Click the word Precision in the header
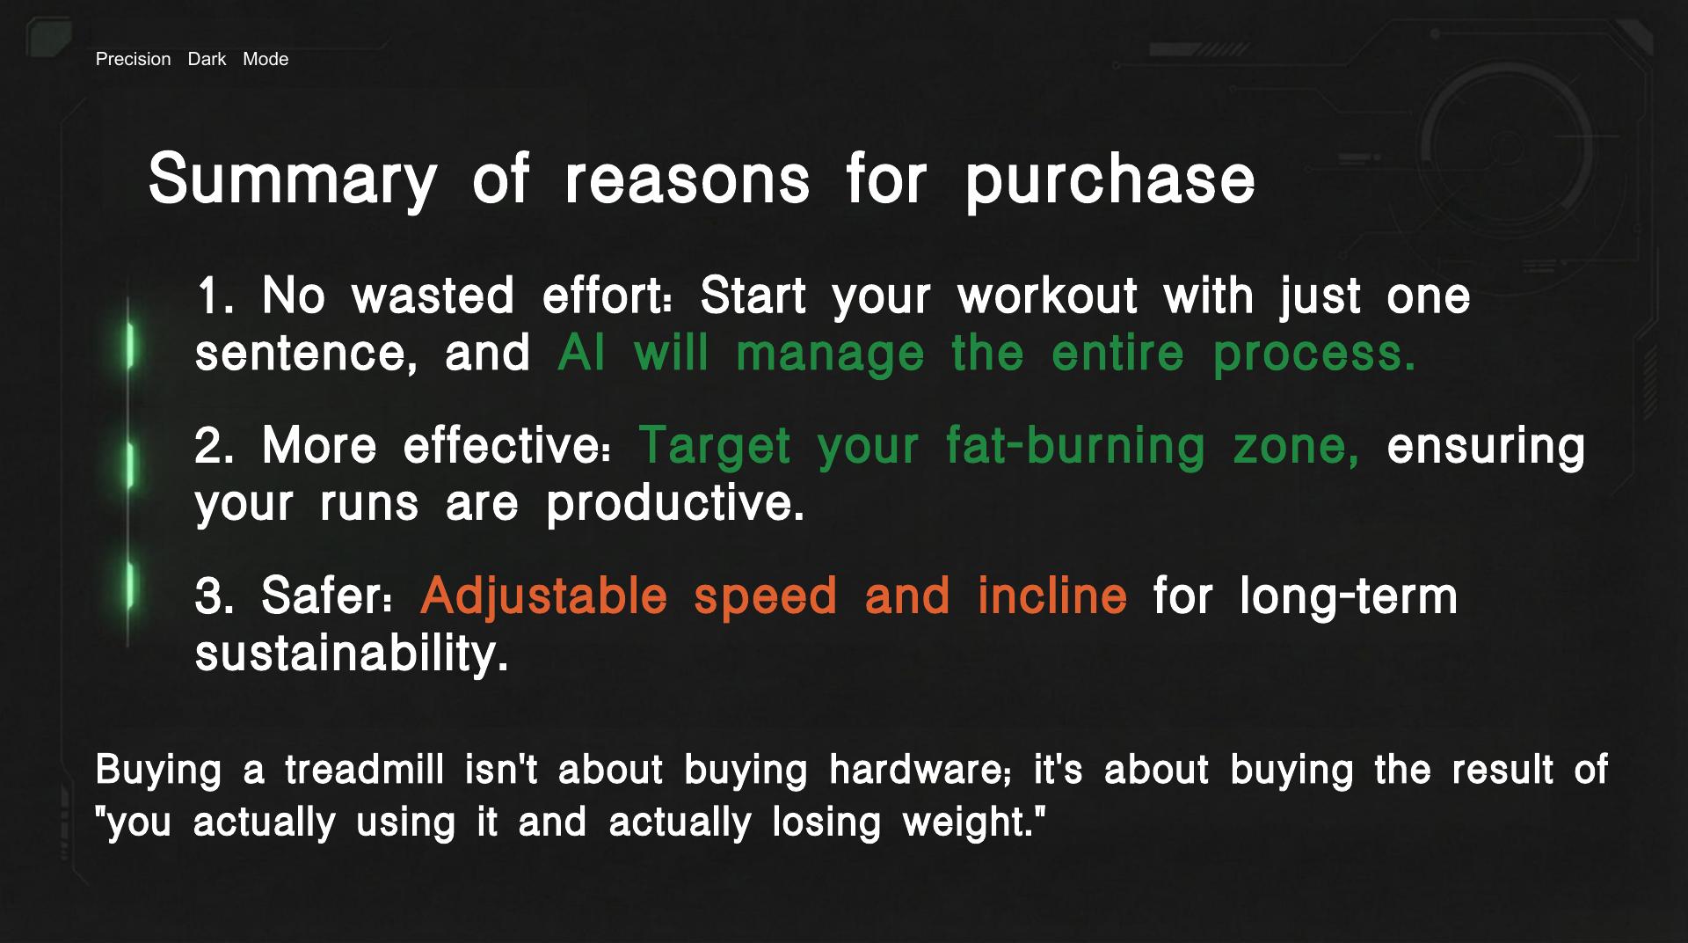click(x=133, y=59)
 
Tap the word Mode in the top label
click(x=266, y=59)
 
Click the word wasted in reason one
click(x=433, y=296)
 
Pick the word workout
click(x=1047, y=296)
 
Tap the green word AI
click(x=581, y=354)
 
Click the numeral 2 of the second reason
click(x=213, y=445)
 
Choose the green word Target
click(x=714, y=446)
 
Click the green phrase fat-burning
click(x=1075, y=446)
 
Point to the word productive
click(x=674, y=504)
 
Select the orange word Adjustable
click(x=544, y=596)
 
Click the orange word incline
click(x=1051, y=596)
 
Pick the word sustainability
click(x=351, y=654)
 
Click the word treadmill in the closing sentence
click(x=364, y=770)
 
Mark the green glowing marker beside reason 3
click(x=130, y=583)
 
